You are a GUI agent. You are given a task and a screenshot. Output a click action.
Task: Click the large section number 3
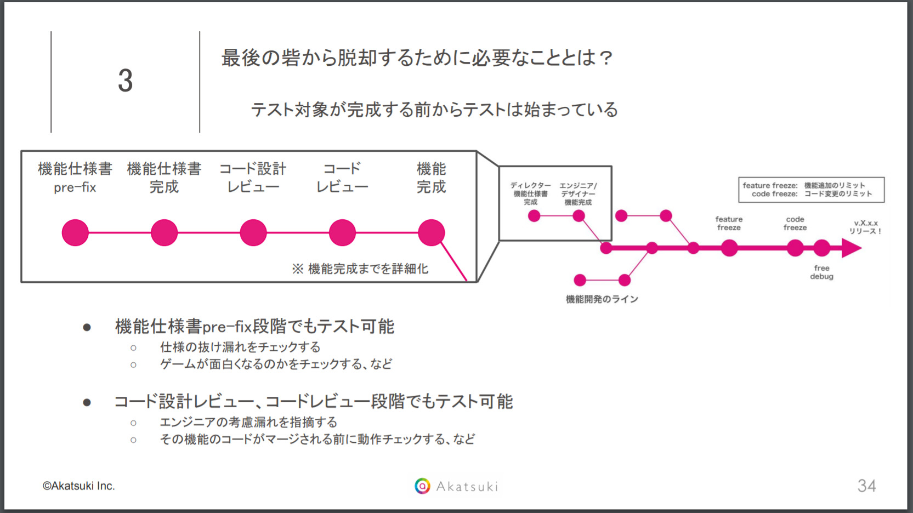[x=126, y=80]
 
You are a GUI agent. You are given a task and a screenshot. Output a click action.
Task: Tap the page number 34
[x=866, y=486]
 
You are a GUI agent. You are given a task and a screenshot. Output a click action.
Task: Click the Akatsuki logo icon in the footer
[x=422, y=486]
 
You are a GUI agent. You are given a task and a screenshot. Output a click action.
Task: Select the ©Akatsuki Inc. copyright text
[x=78, y=486]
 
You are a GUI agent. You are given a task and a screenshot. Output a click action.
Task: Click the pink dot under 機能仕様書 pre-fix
[x=75, y=233]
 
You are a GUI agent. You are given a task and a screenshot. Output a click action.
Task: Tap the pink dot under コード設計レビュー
[x=253, y=233]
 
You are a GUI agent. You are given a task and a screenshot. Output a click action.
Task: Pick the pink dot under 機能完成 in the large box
[x=431, y=233]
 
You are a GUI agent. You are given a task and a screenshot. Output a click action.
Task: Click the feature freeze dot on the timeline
[x=729, y=248]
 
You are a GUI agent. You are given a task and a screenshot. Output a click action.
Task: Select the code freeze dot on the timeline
[x=795, y=248]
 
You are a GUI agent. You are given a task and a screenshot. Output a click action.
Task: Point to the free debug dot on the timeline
[x=821, y=248]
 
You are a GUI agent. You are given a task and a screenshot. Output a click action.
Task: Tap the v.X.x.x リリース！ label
[x=865, y=227]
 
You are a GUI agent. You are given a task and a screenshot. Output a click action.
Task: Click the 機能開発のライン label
[x=602, y=299]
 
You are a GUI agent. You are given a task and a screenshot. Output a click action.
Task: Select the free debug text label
[x=821, y=272]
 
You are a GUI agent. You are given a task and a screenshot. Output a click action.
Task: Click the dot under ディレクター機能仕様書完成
[x=534, y=216]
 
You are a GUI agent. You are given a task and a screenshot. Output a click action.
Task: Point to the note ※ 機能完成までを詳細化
[x=360, y=269]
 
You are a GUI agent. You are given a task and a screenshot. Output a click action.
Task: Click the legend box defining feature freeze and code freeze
[x=812, y=190]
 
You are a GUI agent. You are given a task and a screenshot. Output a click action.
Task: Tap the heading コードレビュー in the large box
[x=342, y=178]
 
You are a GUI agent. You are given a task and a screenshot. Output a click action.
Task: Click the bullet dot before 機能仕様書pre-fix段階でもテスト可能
[x=87, y=327]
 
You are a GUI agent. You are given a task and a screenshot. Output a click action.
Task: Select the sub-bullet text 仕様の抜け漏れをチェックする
[x=241, y=347]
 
